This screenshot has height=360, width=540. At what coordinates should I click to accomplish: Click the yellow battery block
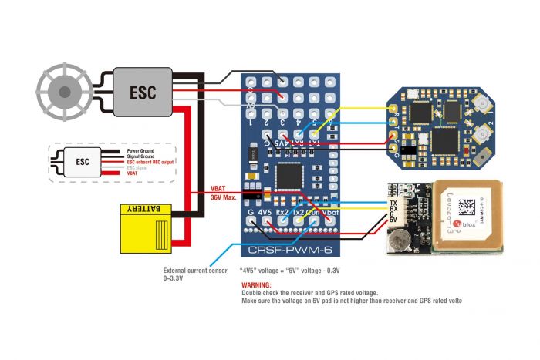pos(150,228)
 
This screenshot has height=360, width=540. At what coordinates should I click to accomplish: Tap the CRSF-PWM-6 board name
pos(295,250)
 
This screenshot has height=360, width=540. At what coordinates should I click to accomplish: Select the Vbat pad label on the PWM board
pos(330,211)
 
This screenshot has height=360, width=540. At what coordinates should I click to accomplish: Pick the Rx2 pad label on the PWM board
pos(282,211)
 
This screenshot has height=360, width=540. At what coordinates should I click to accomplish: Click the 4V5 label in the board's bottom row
pos(265,211)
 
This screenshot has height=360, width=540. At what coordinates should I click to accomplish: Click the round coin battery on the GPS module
pos(399,240)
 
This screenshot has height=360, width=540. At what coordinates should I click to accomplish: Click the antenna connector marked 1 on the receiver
pos(481,103)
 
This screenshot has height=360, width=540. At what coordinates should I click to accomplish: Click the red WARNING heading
pos(257,284)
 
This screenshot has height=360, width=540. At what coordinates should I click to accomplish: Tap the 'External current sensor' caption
pos(197,270)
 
